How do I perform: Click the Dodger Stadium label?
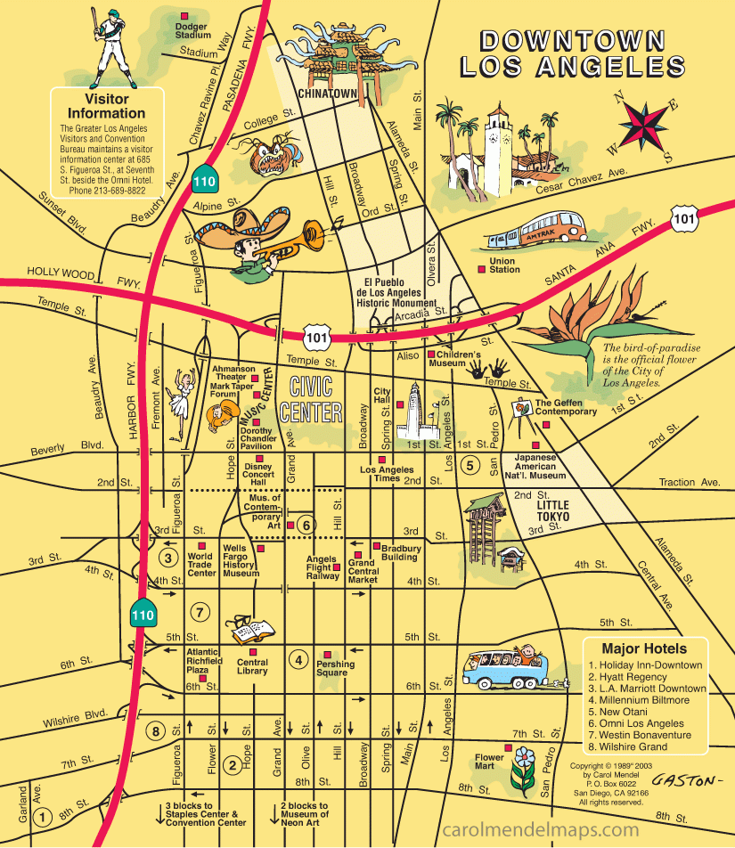coord(192,30)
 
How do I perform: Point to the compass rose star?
coord(647,125)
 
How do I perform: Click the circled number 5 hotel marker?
coord(470,464)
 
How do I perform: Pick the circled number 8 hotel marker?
coord(157,731)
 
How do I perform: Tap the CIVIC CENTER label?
coord(310,400)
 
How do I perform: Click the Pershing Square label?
coord(335,668)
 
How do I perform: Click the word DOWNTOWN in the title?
coord(572,40)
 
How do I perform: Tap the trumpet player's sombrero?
coord(233,230)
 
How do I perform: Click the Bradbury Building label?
coord(399,552)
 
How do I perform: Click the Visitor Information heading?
coord(107,106)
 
